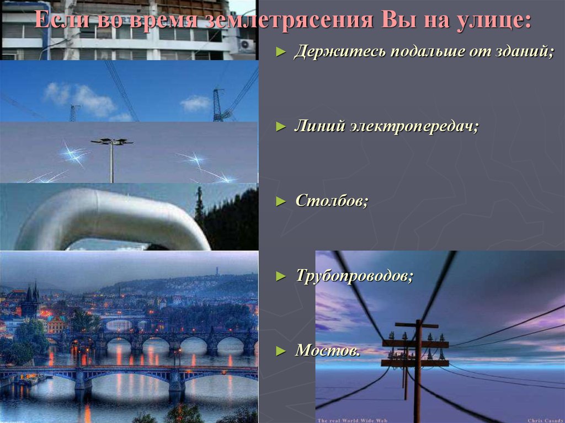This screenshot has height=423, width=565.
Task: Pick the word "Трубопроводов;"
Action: click(x=354, y=275)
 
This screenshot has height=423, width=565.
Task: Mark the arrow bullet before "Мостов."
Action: click(x=281, y=350)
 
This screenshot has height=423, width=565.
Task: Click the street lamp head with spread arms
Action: click(x=112, y=142)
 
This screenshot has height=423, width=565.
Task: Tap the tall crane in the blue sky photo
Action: click(x=218, y=105)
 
